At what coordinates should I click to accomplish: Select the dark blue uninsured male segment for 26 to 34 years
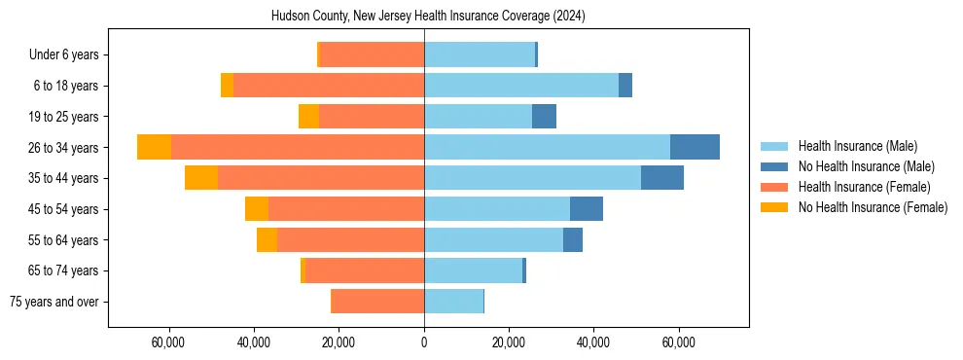click(695, 147)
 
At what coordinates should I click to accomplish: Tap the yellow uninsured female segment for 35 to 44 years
click(200, 178)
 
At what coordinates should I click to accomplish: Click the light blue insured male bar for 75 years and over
click(453, 302)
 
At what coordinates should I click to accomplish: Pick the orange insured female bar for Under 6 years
click(372, 54)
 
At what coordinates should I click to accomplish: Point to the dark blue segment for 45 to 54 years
click(587, 209)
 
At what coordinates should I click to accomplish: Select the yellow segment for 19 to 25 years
click(308, 117)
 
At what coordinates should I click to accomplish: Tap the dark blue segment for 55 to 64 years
click(573, 239)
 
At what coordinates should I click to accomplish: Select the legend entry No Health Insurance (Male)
click(866, 166)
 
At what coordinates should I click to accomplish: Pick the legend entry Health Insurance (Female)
click(864, 187)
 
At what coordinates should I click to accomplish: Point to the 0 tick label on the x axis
click(424, 342)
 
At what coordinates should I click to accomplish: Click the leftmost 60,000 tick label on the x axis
click(169, 342)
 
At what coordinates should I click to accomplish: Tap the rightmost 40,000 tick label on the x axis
click(593, 342)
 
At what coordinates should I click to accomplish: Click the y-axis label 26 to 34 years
click(65, 148)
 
